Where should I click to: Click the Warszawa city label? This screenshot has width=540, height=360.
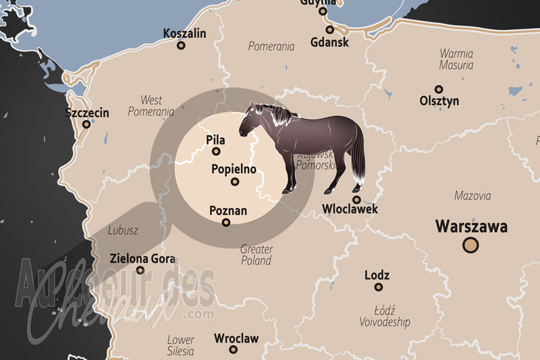(x=472, y=226)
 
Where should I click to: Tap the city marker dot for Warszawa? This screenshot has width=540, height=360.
(x=471, y=245)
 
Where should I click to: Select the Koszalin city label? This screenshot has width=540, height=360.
(x=184, y=33)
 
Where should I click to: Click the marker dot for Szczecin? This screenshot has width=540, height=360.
(x=86, y=124)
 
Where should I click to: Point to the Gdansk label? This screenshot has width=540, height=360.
(x=330, y=42)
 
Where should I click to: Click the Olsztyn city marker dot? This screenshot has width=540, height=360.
(x=439, y=89)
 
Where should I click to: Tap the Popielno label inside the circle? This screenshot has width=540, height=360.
(x=234, y=169)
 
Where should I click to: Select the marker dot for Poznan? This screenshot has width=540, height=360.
(x=227, y=222)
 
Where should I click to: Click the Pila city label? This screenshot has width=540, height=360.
(x=215, y=140)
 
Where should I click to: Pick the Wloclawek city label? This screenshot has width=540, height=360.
(x=350, y=209)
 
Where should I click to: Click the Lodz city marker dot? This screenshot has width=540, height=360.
(x=379, y=287)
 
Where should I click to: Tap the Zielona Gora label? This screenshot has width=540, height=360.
(x=142, y=259)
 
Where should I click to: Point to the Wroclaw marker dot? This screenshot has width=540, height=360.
(x=233, y=350)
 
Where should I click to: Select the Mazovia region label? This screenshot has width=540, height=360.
(x=473, y=196)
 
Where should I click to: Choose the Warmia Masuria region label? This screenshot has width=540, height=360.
(x=456, y=59)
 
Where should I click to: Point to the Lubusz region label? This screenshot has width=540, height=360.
(x=123, y=230)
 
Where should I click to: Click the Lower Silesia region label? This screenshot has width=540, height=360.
(x=180, y=345)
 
